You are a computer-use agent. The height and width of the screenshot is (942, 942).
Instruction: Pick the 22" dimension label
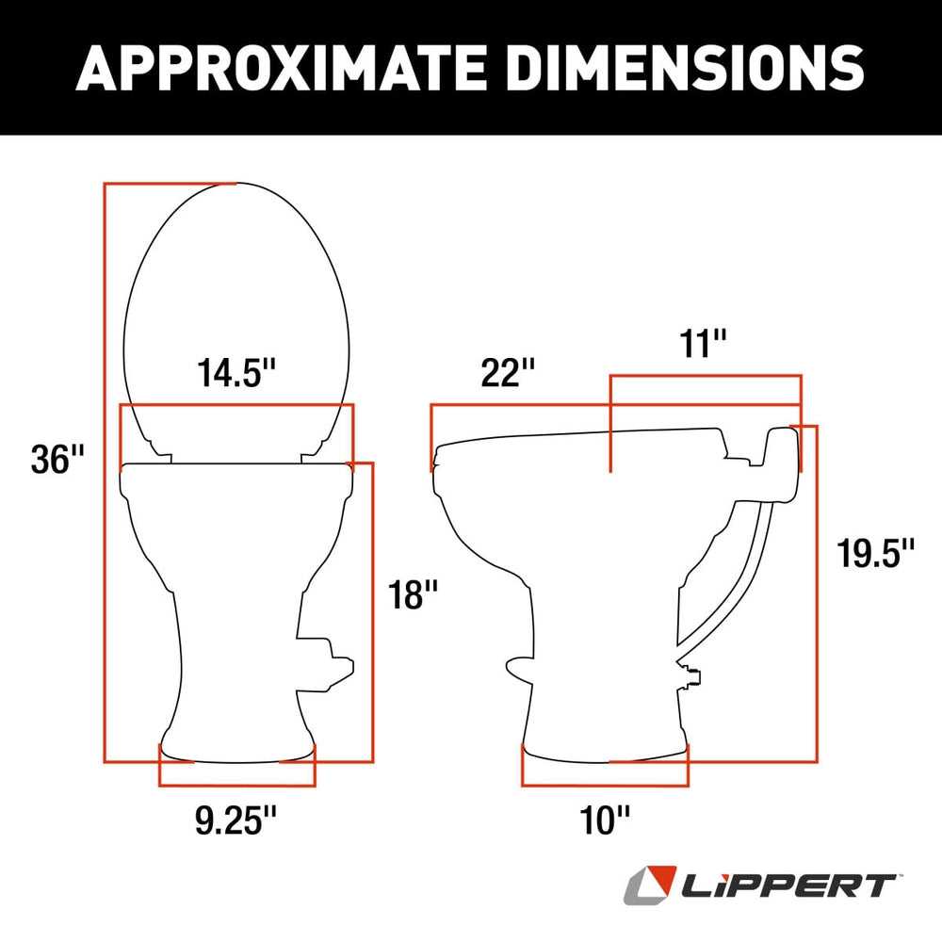[501, 372]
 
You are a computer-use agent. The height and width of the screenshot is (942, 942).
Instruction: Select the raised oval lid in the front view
[239, 311]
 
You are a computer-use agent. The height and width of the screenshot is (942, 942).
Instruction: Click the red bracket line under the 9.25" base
[237, 784]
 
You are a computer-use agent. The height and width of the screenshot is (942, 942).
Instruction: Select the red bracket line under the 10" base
[604, 784]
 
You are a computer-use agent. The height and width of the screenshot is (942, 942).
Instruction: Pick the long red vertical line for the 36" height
[105, 471]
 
